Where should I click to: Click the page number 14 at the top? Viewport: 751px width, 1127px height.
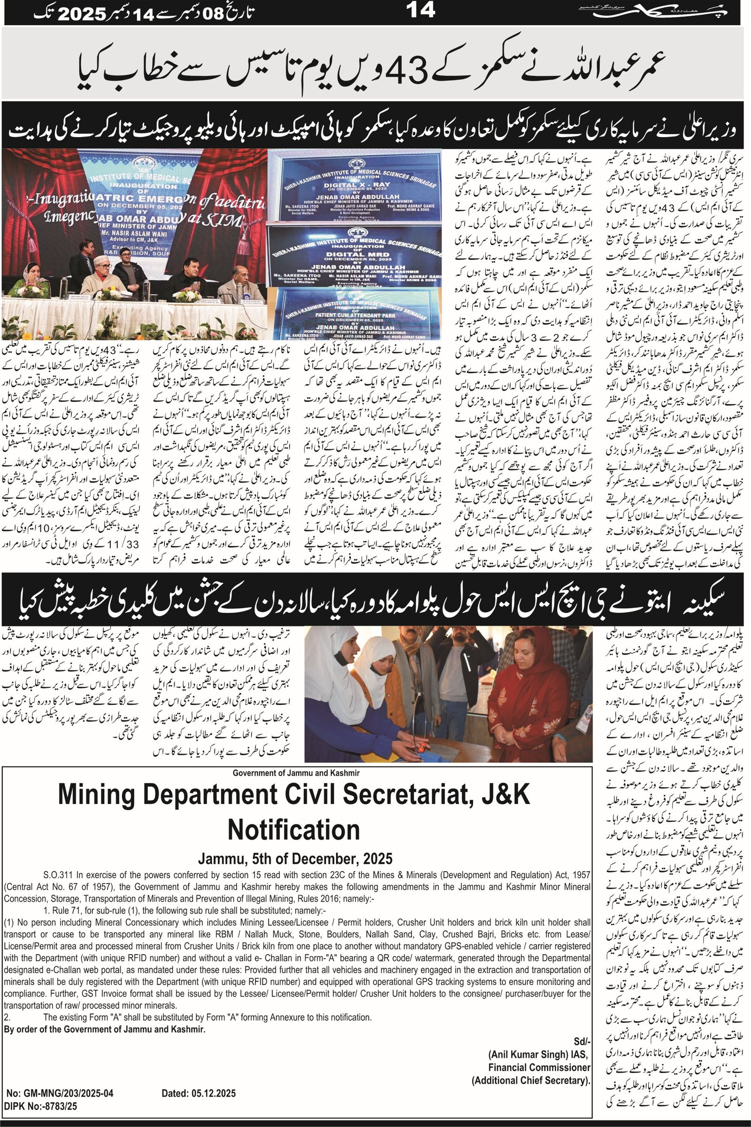(421, 10)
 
